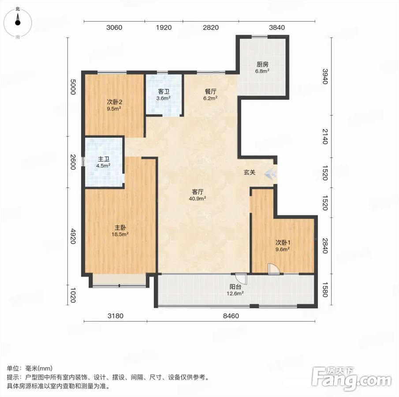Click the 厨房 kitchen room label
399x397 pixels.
click(262, 64)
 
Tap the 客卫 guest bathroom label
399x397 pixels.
click(164, 91)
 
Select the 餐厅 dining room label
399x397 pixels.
click(210, 91)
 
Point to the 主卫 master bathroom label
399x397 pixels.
click(104, 159)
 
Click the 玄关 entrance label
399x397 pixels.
click(250, 172)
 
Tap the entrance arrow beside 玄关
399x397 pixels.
click(270, 174)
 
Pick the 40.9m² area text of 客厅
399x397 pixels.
click(197, 198)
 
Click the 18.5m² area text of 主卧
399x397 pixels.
click(120, 234)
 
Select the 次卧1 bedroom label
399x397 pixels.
click(283, 243)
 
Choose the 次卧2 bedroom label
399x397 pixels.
click(114, 102)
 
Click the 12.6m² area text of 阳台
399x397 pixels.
click(235, 293)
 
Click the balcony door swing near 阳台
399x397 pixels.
click(241, 279)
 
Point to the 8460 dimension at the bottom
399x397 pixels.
click(231, 316)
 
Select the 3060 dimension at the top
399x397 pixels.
click(114, 27)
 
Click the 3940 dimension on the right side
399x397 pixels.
click(325, 76)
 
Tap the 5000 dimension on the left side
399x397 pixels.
click(73, 87)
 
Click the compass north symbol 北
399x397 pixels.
click(18, 9)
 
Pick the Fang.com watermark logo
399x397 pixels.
click(351, 378)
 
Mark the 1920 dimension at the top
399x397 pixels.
click(164, 27)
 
